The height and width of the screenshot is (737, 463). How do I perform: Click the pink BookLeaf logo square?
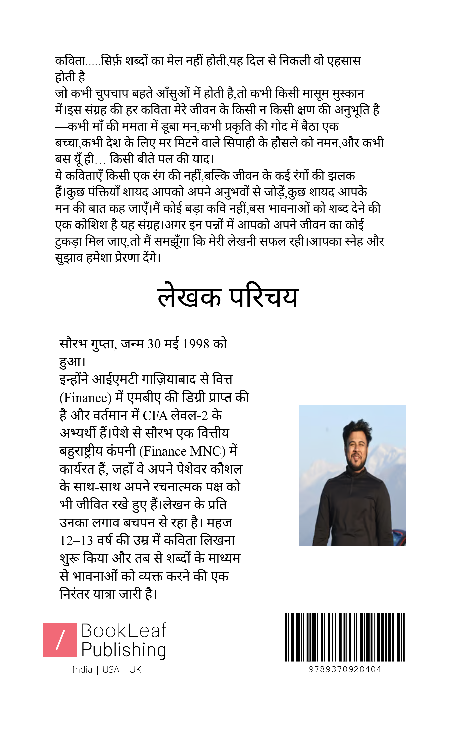60,640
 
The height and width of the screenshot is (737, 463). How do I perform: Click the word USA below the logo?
111,670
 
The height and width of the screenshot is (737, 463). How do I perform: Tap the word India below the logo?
82,670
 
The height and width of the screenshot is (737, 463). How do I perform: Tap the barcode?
345,637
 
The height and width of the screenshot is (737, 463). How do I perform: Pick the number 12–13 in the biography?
77,541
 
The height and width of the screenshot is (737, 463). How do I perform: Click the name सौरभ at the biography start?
73,344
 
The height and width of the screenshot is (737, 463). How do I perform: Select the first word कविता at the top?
70,61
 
